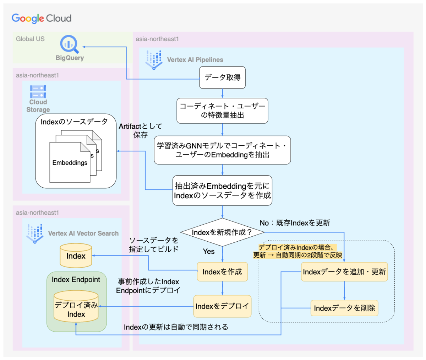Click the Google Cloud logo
42,18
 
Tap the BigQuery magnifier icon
69,44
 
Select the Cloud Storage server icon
38,91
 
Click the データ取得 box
222,77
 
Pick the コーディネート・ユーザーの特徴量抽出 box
222,111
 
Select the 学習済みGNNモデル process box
222,150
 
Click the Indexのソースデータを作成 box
222,190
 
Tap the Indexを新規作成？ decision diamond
222,232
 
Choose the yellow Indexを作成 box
222,272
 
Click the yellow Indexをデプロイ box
222,306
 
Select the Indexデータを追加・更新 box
344,272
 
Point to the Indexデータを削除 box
344,308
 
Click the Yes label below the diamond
209,252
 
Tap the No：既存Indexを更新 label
295,223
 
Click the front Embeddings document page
70,163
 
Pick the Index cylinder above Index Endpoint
76,256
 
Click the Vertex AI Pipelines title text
195,60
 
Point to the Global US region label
30,39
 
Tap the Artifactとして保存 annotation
140,130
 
